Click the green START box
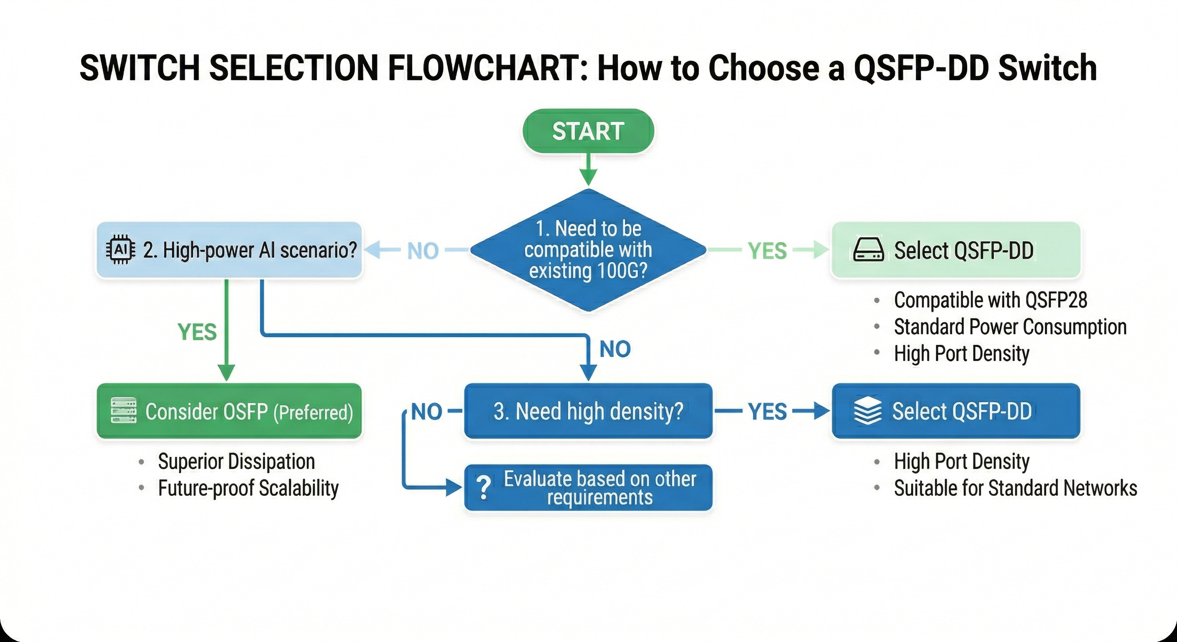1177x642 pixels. coord(588,131)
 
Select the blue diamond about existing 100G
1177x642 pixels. coord(588,250)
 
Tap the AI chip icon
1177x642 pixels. coord(120,250)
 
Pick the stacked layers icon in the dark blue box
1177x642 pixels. coord(867,411)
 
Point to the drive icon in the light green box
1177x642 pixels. coord(868,250)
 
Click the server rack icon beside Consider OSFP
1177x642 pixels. coord(124,410)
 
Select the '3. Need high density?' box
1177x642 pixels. coord(588,411)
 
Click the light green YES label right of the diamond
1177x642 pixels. coord(767,251)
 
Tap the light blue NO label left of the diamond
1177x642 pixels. coord(423,251)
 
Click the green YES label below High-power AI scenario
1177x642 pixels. coord(197,332)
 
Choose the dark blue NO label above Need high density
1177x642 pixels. coord(614,349)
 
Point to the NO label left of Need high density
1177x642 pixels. coord(426,412)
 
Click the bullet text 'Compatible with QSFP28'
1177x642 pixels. coord(990,300)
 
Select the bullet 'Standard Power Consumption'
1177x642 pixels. coord(1010,327)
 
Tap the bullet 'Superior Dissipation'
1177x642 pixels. coord(236,461)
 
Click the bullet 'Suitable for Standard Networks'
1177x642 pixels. coord(1015,488)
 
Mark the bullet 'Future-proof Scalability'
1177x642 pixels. coord(248,488)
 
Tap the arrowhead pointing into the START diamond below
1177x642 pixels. coord(588,177)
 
